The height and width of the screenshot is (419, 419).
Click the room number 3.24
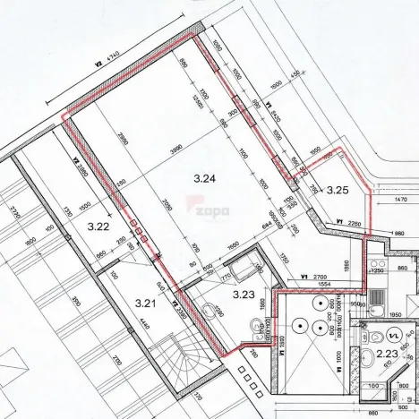[205, 179]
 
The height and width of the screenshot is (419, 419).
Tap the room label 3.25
[337, 189]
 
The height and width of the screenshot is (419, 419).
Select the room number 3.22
[98, 227]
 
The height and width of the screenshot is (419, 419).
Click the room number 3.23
[244, 293]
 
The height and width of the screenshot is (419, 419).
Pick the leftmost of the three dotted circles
[295, 329]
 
